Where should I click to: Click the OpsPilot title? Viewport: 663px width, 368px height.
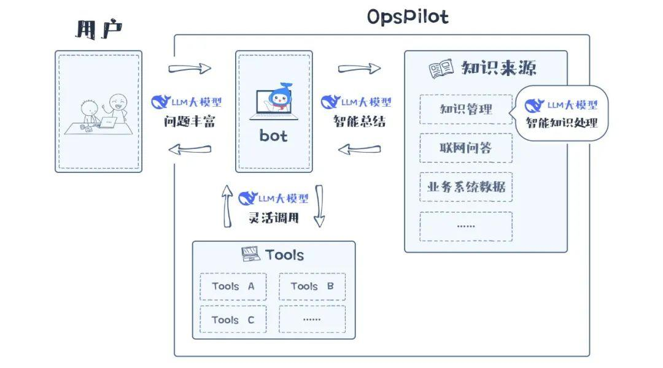[x=408, y=17]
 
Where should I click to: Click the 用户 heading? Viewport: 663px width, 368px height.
[x=98, y=29]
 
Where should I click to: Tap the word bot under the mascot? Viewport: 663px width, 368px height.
[x=273, y=136]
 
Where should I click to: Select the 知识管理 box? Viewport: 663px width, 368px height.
[x=466, y=109]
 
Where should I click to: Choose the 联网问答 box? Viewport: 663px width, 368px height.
[x=466, y=148]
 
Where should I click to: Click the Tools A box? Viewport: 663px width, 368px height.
[x=233, y=286]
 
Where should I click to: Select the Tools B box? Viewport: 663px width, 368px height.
[x=312, y=286]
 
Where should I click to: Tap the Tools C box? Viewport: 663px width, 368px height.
[x=233, y=320]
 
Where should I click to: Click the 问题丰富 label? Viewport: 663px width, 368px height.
[x=189, y=121]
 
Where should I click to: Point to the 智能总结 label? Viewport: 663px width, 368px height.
[x=359, y=121]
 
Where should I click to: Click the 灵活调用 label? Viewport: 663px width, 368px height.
[x=273, y=217]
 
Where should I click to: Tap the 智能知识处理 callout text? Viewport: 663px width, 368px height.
[x=561, y=123]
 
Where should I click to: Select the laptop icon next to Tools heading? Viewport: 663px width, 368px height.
[x=250, y=254]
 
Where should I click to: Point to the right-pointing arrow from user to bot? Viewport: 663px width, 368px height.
[x=189, y=68]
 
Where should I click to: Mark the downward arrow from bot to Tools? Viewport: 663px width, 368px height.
[x=319, y=205]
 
